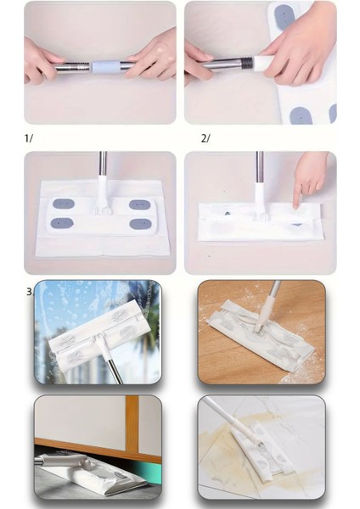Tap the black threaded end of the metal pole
click(x=249, y=62)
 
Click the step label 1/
click(x=29, y=138)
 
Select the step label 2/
click(x=205, y=138)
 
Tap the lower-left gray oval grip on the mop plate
click(x=62, y=223)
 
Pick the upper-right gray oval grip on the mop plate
click(x=140, y=204)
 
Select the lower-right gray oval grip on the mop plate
click(x=140, y=224)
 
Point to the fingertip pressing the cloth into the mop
click(x=295, y=205)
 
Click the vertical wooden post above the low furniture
click(x=132, y=422)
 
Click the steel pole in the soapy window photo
click(x=112, y=366)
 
